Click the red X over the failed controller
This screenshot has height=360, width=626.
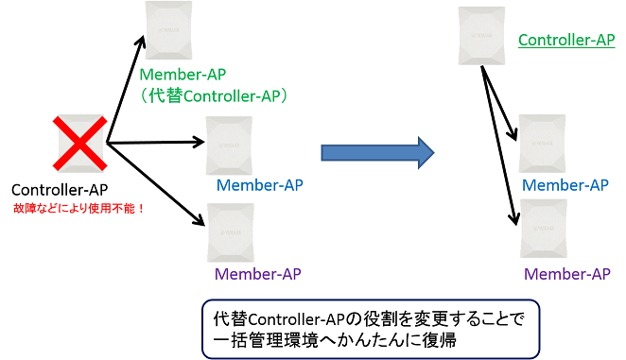[81, 143]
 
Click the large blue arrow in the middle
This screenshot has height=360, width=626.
[376, 151]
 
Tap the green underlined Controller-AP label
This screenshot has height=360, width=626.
[567, 41]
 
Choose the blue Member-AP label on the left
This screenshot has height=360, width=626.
[260, 184]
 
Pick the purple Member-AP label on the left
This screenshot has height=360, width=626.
[257, 275]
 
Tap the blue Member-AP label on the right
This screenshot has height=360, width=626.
[565, 185]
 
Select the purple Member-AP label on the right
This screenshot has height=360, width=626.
[565, 274]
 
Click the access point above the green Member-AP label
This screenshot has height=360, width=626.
[172, 31]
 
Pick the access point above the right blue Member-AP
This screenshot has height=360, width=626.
[544, 143]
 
